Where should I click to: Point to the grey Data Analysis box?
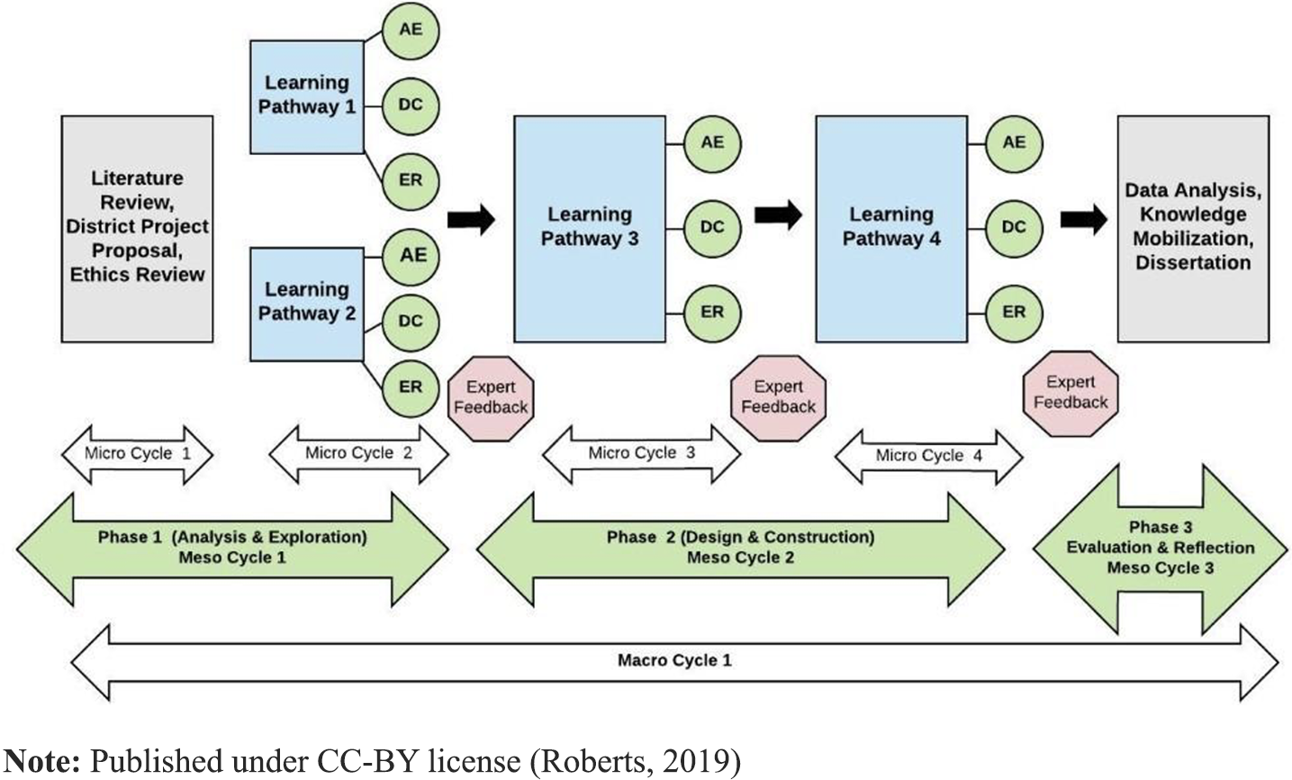[x=1193, y=227]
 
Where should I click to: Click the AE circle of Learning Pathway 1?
[x=411, y=30]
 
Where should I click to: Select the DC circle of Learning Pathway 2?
[x=411, y=321]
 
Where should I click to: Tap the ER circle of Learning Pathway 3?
[x=711, y=312]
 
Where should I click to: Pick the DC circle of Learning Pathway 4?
[x=1014, y=227]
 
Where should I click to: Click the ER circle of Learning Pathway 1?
[x=411, y=180]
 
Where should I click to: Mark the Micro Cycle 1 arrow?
[x=137, y=453]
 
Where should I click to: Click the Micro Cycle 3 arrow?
[x=641, y=453]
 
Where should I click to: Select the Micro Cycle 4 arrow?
[x=929, y=456]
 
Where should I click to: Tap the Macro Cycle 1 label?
[x=674, y=661]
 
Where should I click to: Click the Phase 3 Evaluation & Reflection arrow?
[x=1160, y=548]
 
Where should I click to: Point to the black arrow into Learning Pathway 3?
[x=472, y=219]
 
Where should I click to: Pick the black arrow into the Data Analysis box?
[x=1084, y=219]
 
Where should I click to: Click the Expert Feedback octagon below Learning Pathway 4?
[x=1071, y=393]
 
